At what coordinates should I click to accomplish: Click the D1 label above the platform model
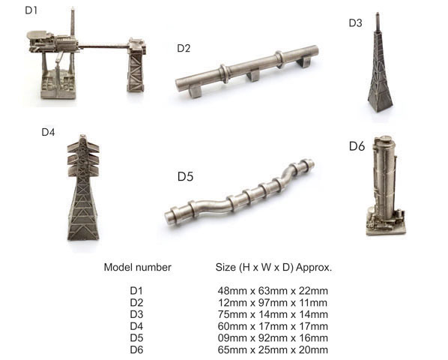tap(31, 10)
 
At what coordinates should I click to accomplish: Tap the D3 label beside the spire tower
tap(355, 23)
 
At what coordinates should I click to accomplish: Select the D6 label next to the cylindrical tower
tap(357, 146)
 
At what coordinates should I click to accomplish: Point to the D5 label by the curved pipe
tap(186, 176)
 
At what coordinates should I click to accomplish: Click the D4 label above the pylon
tap(48, 132)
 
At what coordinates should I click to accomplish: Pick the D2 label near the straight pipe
tap(184, 48)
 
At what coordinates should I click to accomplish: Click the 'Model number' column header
tap(137, 267)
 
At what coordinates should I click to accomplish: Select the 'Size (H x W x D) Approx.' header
tap(273, 267)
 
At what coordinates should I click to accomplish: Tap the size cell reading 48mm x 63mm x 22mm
tap(273, 291)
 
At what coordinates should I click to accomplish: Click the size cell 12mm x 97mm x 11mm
tap(273, 302)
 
